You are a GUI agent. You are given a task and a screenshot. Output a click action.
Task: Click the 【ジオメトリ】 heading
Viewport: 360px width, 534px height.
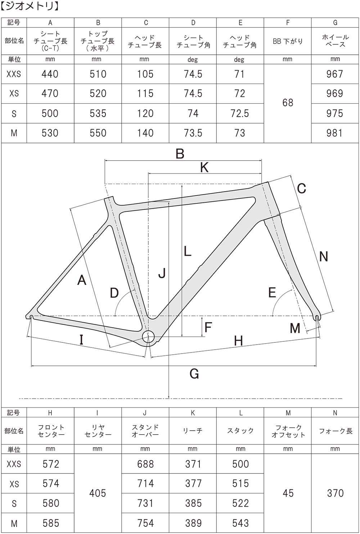pos(30,6)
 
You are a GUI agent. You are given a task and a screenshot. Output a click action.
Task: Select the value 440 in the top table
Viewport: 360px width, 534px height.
pos(50,74)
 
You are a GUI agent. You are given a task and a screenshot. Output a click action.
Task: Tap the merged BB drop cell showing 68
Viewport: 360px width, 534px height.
pos(288,103)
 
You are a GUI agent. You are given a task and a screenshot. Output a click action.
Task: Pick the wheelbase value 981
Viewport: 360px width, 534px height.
pos(335,133)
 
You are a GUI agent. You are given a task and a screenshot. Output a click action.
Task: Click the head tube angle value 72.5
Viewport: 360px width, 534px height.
pos(240,113)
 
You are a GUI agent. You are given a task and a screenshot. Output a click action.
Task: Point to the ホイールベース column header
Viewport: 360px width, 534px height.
pos(335,41)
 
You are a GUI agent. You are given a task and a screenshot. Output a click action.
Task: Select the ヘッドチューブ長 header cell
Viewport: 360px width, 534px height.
pos(145,41)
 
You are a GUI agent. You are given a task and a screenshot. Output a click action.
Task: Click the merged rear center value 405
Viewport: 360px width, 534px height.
pos(98,493)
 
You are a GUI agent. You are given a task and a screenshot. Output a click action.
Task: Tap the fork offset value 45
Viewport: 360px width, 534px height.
pos(288,493)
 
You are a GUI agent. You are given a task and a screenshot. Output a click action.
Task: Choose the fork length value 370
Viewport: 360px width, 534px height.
pos(335,493)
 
